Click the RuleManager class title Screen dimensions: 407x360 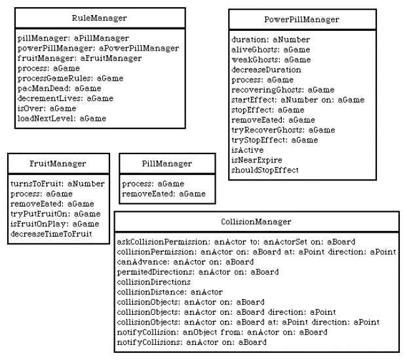pyautogui.click(x=100, y=18)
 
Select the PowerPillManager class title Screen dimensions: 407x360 pyautogui.click(x=301, y=20)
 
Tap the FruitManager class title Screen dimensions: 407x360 pyautogui.click(x=58, y=164)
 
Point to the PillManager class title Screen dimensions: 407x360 pyautogui.click(x=167, y=164)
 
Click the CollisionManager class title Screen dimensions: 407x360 pyautogui.click(x=256, y=222)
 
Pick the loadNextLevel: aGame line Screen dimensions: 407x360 pyautogui.click(x=62, y=119)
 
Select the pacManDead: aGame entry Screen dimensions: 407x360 pyautogui.click(x=60, y=89)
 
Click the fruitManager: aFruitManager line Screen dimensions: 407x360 pyautogui.click(x=80, y=58)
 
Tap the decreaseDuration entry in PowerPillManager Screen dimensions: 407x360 pyautogui.click(x=266, y=70)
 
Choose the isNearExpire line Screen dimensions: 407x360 pyautogui.click(x=257, y=160)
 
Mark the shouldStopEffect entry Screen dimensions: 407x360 pyautogui.click(x=265, y=170)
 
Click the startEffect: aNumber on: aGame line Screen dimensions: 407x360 pyautogui.click(x=298, y=100)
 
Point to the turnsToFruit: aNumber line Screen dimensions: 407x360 pyautogui.click(x=58, y=184)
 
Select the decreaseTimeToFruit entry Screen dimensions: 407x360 pyautogui.click(x=51, y=233)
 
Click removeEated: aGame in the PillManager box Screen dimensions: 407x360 pyautogui.click(x=164, y=193)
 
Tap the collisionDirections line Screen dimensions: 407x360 pyautogui.click(x=154, y=282)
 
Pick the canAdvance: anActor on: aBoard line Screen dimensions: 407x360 pyautogui.click(x=185, y=262)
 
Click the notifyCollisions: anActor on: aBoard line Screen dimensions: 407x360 pyautogui.click(x=192, y=342)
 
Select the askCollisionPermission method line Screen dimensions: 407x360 pyautogui.click(x=236, y=242)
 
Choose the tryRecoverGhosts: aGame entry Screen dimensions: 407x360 pyautogui.click(x=283, y=130)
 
